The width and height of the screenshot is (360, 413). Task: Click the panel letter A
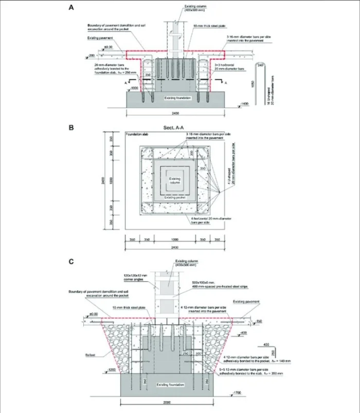tap(71, 8)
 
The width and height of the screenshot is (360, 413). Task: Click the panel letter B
tap(71, 124)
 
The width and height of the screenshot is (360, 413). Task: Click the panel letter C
tap(71, 261)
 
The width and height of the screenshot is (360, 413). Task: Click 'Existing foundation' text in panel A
tap(177, 97)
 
